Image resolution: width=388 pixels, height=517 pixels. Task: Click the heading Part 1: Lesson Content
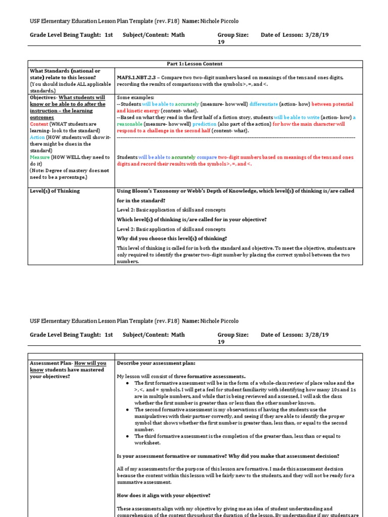[x=195, y=64]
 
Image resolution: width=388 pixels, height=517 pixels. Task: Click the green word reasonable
[x=129, y=124]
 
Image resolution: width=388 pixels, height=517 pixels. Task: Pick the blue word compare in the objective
[x=207, y=157]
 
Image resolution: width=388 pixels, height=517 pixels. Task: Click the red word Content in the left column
[x=39, y=124]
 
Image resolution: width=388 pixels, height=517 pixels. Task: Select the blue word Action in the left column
[x=37, y=137]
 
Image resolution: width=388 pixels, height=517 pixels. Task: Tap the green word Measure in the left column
[x=40, y=157]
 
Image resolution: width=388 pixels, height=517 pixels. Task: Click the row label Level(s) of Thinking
[x=55, y=191]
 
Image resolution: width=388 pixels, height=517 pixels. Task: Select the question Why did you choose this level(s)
[x=172, y=238]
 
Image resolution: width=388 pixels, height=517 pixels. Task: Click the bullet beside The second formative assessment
[x=128, y=409]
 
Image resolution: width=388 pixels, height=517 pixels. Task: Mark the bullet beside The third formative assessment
[x=128, y=436]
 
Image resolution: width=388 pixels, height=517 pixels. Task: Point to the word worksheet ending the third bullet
[x=149, y=443]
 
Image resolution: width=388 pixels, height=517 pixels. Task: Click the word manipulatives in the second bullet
[x=154, y=416]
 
